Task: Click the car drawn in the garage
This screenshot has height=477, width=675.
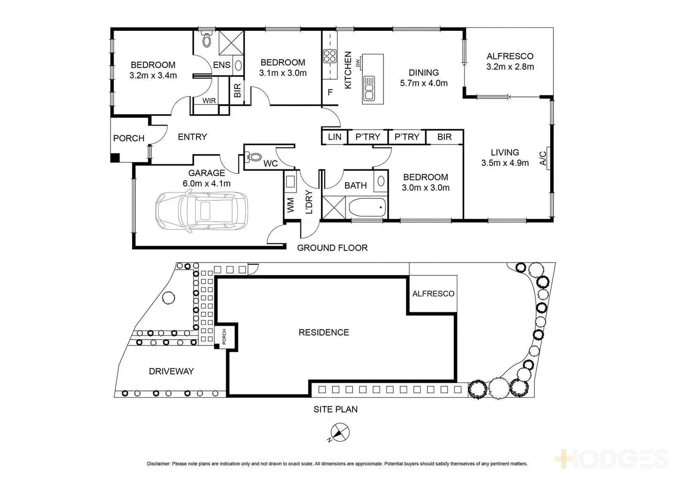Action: [x=202, y=211]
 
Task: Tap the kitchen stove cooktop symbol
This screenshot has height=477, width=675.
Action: [x=330, y=56]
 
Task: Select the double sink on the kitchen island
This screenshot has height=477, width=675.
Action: [x=369, y=88]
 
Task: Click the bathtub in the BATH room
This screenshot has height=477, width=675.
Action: [x=367, y=207]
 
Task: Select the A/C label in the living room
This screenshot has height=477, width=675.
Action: [x=543, y=159]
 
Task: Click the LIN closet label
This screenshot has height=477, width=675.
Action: [x=334, y=137]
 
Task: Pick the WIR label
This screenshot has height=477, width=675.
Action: [x=209, y=101]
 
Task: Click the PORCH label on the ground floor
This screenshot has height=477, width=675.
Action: [x=129, y=138]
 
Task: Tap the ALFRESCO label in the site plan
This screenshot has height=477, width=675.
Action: [x=433, y=294]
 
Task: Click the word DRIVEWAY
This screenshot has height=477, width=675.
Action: [x=171, y=371]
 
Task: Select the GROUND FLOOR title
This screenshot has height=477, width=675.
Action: [x=332, y=248]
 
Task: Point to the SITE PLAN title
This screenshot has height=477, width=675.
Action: [x=335, y=409]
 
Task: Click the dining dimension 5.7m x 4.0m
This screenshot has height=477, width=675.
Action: [x=424, y=83]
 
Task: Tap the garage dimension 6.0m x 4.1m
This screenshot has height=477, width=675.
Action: [x=207, y=183]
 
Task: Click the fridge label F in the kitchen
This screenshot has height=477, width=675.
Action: [x=330, y=93]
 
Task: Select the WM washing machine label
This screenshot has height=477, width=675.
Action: [x=290, y=205]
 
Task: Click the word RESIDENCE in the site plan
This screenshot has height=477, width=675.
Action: [x=324, y=333]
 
